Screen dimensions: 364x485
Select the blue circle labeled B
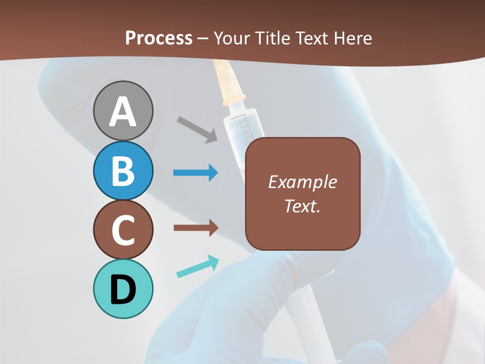pos(123,170)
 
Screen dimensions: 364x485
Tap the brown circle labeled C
pos(123,230)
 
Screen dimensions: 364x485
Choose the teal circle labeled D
pos(123,289)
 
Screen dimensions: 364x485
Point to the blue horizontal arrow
pos(196,173)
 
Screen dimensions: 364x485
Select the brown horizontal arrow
pos(196,228)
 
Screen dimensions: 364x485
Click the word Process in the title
pos(159,38)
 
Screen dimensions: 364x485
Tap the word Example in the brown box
pos(302,182)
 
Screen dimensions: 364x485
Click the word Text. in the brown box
pos(302,206)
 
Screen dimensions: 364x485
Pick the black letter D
pos(123,290)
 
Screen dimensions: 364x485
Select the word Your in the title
pos(233,38)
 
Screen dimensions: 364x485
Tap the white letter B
pos(123,171)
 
